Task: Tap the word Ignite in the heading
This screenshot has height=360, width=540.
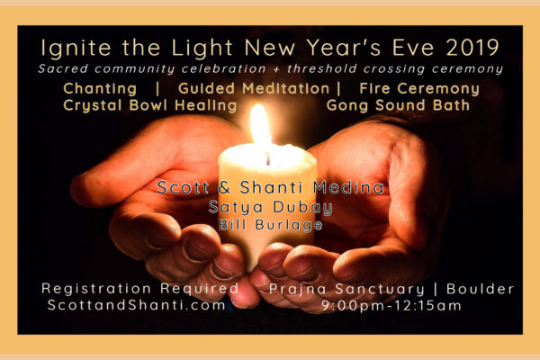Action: pyautogui.click(x=76, y=48)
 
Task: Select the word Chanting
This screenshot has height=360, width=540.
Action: pyautogui.click(x=100, y=89)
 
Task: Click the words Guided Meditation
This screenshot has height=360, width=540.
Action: pyautogui.click(x=254, y=88)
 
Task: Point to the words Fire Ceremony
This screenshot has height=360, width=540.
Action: pyautogui.click(x=419, y=89)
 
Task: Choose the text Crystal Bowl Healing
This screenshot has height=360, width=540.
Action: pyautogui.click(x=149, y=106)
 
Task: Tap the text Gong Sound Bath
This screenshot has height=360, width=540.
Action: pyautogui.click(x=398, y=105)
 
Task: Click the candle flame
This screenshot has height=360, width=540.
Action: pyautogui.click(x=260, y=125)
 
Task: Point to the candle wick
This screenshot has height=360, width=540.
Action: pyautogui.click(x=267, y=158)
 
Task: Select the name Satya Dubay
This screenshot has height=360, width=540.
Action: pyautogui.click(x=270, y=208)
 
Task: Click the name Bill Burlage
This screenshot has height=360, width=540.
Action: pyautogui.click(x=271, y=225)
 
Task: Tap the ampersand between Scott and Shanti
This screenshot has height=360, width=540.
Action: pyautogui.click(x=224, y=188)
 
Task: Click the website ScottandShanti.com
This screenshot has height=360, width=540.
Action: pyautogui.click(x=137, y=305)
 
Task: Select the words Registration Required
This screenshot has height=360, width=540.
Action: pyautogui.click(x=139, y=289)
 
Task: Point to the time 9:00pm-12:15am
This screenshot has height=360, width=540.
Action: pyautogui.click(x=391, y=306)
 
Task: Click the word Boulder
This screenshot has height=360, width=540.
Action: pyautogui.click(x=480, y=289)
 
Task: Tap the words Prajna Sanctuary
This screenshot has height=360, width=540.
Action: pyautogui.click(x=346, y=290)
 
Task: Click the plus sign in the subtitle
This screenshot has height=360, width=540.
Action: pyautogui.click(x=276, y=69)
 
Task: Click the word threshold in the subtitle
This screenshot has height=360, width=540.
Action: pyautogui.click(x=322, y=68)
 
